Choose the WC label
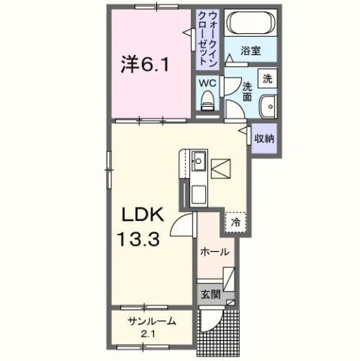[x=207, y=83]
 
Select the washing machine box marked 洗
[x=267, y=77]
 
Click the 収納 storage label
[x=263, y=138]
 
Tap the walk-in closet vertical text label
[x=207, y=38]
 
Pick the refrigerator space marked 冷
[x=235, y=222]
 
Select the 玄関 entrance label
[x=208, y=295]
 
